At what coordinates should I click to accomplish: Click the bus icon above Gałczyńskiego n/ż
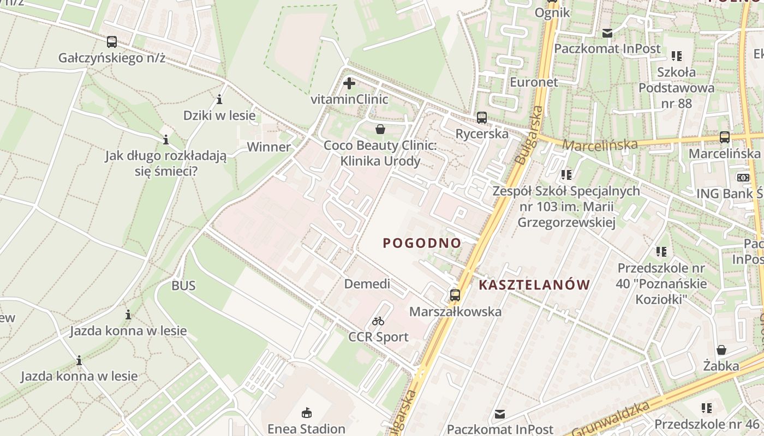click(x=112, y=41)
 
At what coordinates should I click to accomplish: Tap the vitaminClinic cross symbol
click(x=349, y=83)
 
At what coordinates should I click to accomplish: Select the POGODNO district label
click(x=422, y=243)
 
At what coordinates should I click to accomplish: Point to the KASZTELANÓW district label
click(x=534, y=284)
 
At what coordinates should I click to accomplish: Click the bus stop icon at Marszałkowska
click(x=455, y=295)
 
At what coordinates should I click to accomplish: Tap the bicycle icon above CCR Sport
click(x=378, y=321)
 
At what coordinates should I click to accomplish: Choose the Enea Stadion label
click(x=306, y=428)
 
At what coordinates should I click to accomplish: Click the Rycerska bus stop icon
click(x=482, y=117)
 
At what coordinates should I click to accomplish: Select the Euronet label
click(x=534, y=82)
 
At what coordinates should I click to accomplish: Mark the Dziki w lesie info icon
click(x=219, y=99)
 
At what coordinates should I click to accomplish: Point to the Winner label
click(x=269, y=147)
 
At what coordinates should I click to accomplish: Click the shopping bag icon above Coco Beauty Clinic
click(x=380, y=129)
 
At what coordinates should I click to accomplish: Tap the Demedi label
click(x=367, y=284)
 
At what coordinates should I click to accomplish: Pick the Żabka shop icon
click(x=721, y=349)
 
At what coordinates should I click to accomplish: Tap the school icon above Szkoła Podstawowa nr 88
click(x=677, y=56)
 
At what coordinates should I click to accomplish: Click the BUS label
click(x=183, y=286)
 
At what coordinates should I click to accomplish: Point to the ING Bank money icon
click(x=743, y=177)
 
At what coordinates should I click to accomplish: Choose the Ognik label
click(x=552, y=13)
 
